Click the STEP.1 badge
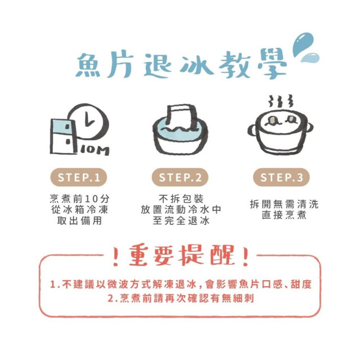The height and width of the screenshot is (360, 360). pos(78,178)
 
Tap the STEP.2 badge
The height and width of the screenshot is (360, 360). pos(180,178)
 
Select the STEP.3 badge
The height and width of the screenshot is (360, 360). pos(281,178)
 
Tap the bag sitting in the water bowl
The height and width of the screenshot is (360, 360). pos(181,119)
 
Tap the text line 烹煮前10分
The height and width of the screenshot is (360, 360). pos(78,199)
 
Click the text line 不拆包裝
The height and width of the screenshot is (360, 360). pos(180,199)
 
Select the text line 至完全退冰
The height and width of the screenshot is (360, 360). pos(180,221)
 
